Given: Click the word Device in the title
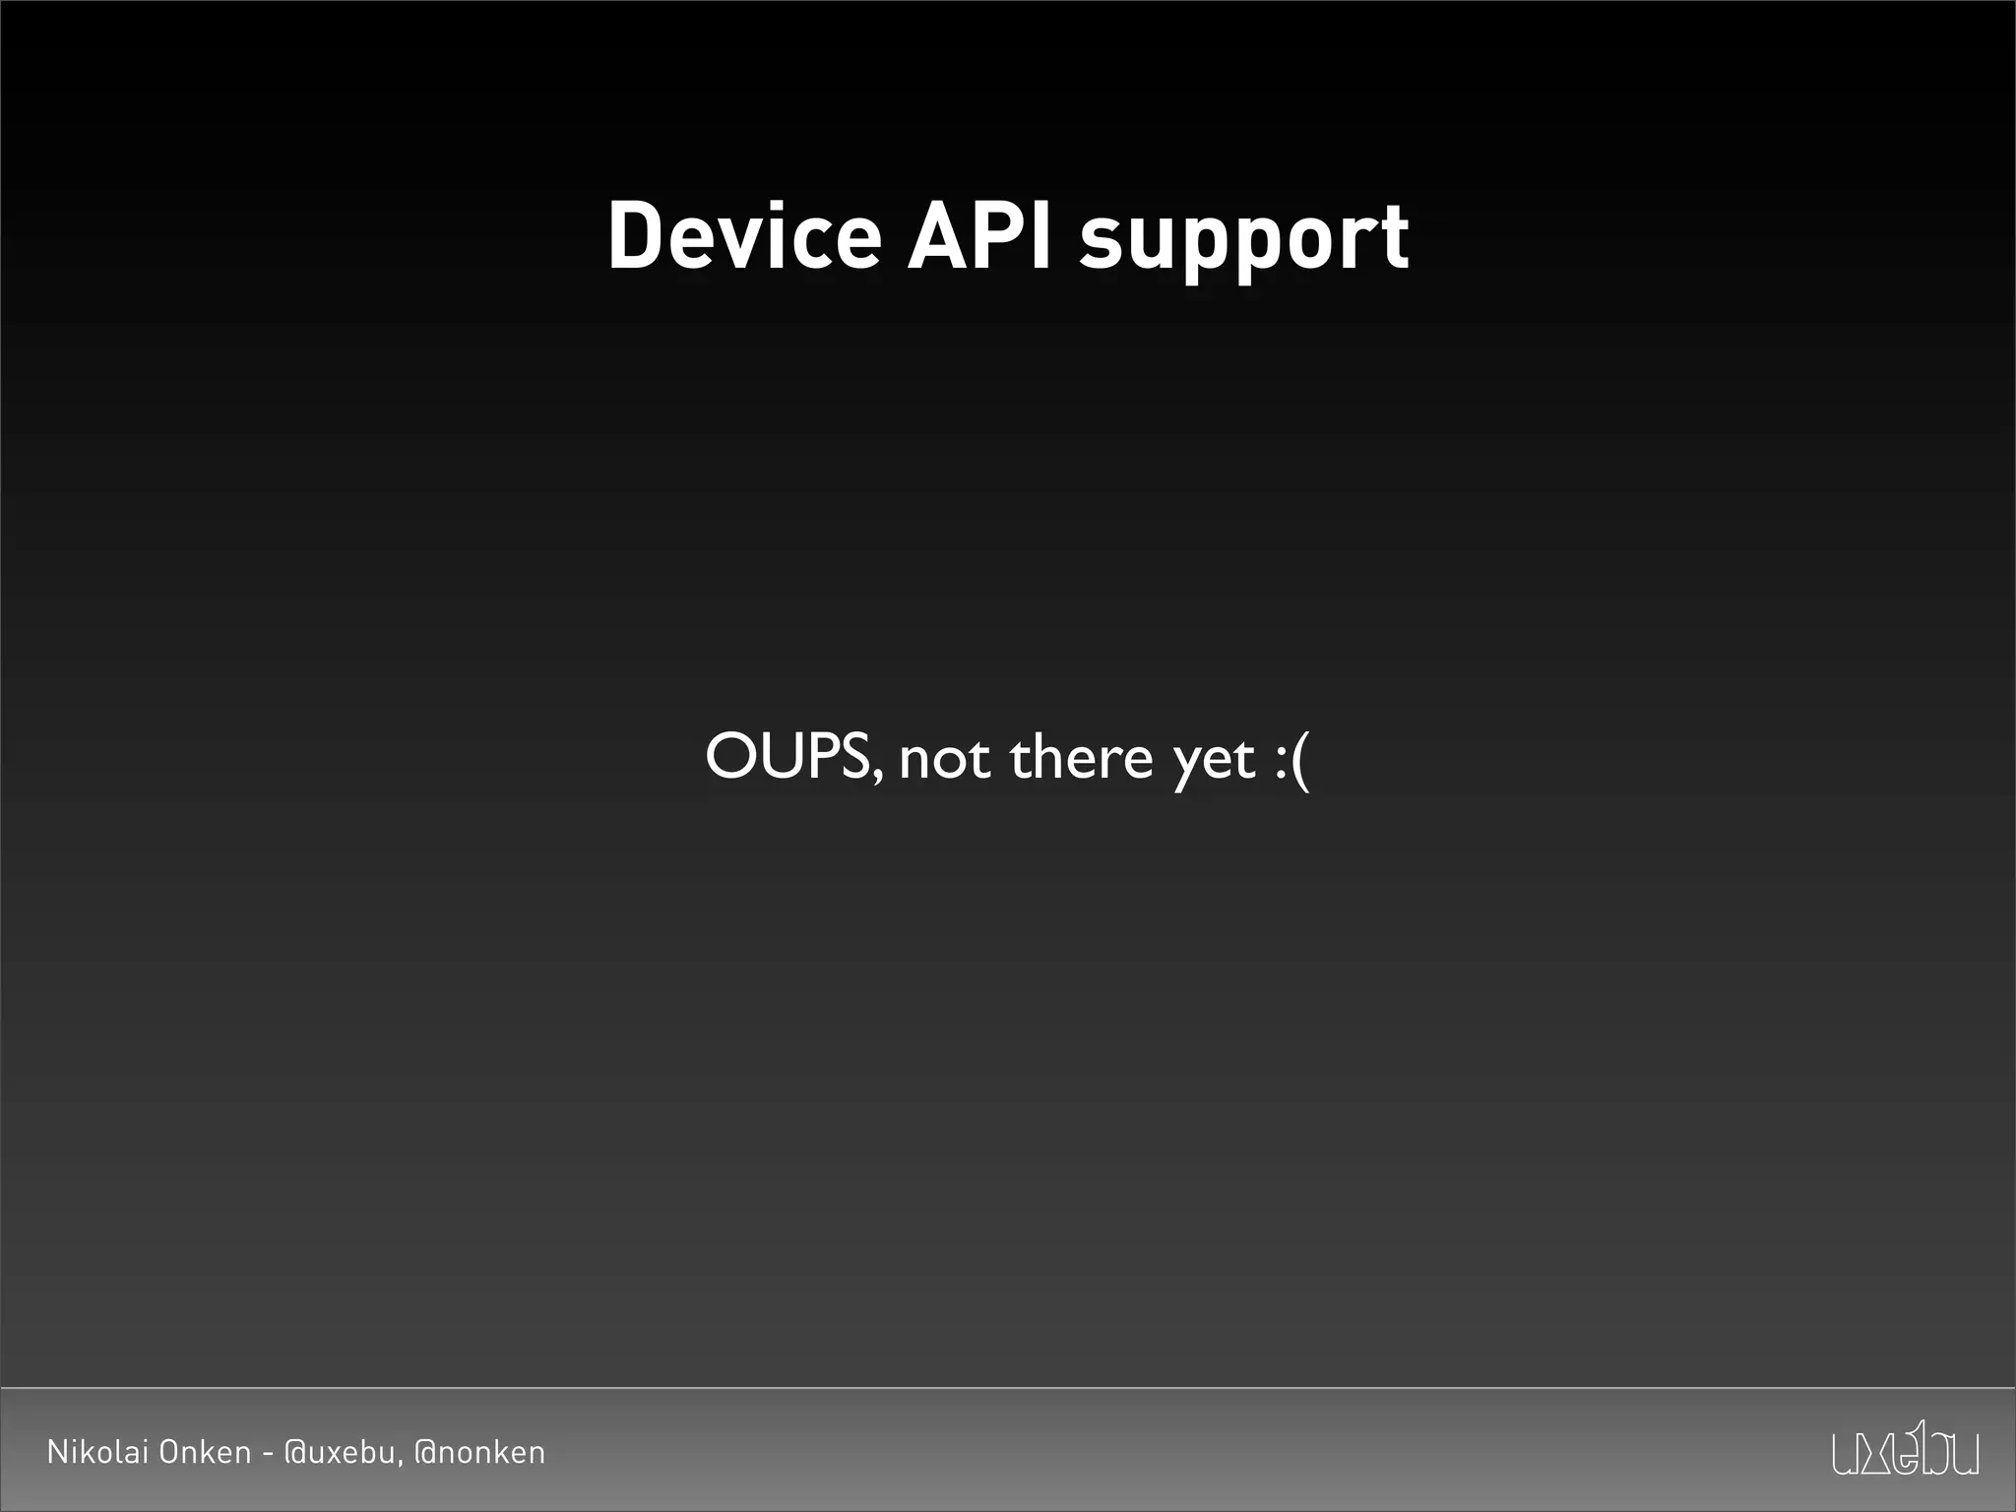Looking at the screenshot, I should pos(744,236).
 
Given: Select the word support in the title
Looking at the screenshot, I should pos(1244,242).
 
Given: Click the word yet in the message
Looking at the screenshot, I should pos(1214,762).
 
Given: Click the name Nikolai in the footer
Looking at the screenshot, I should pos(96,1452).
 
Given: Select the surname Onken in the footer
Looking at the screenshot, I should pos(205,1452).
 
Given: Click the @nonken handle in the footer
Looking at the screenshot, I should pos(479,1453).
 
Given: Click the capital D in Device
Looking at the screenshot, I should pos(635,236).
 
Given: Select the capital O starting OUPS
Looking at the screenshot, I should pos(730,756).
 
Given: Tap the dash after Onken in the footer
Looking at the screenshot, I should pos(267,1454).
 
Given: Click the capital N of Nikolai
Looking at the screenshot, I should pos(57,1452).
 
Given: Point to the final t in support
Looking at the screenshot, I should pos(1393,238).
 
